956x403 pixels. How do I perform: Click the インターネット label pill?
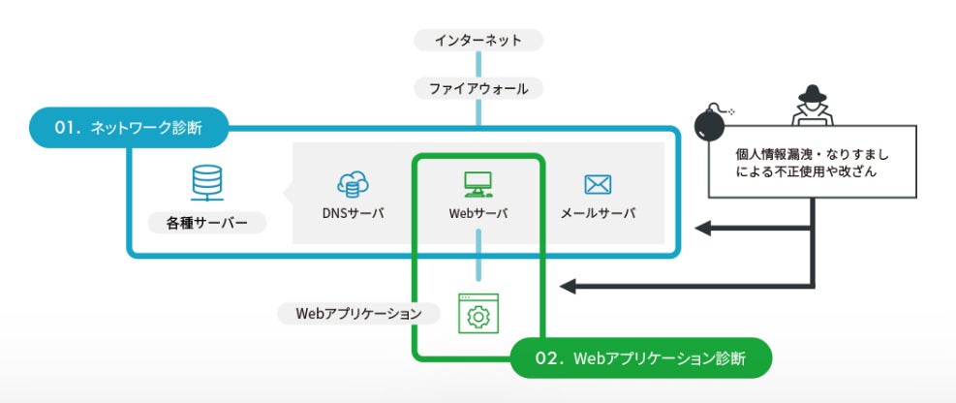click(478, 41)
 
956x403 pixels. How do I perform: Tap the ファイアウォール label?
click(478, 88)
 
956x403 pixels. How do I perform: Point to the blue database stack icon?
click(206, 181)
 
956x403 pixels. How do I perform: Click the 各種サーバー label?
click(206, 224)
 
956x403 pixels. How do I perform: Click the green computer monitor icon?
click(478, 182)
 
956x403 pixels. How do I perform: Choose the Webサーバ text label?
click(478, 212)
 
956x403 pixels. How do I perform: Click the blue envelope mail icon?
click(598, 183)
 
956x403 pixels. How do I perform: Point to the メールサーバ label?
click(598, 212)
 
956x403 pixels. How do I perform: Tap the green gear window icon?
click(478, 314)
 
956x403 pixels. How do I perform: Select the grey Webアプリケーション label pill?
click(357, 314)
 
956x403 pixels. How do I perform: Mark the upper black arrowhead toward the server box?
click(704, 230)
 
